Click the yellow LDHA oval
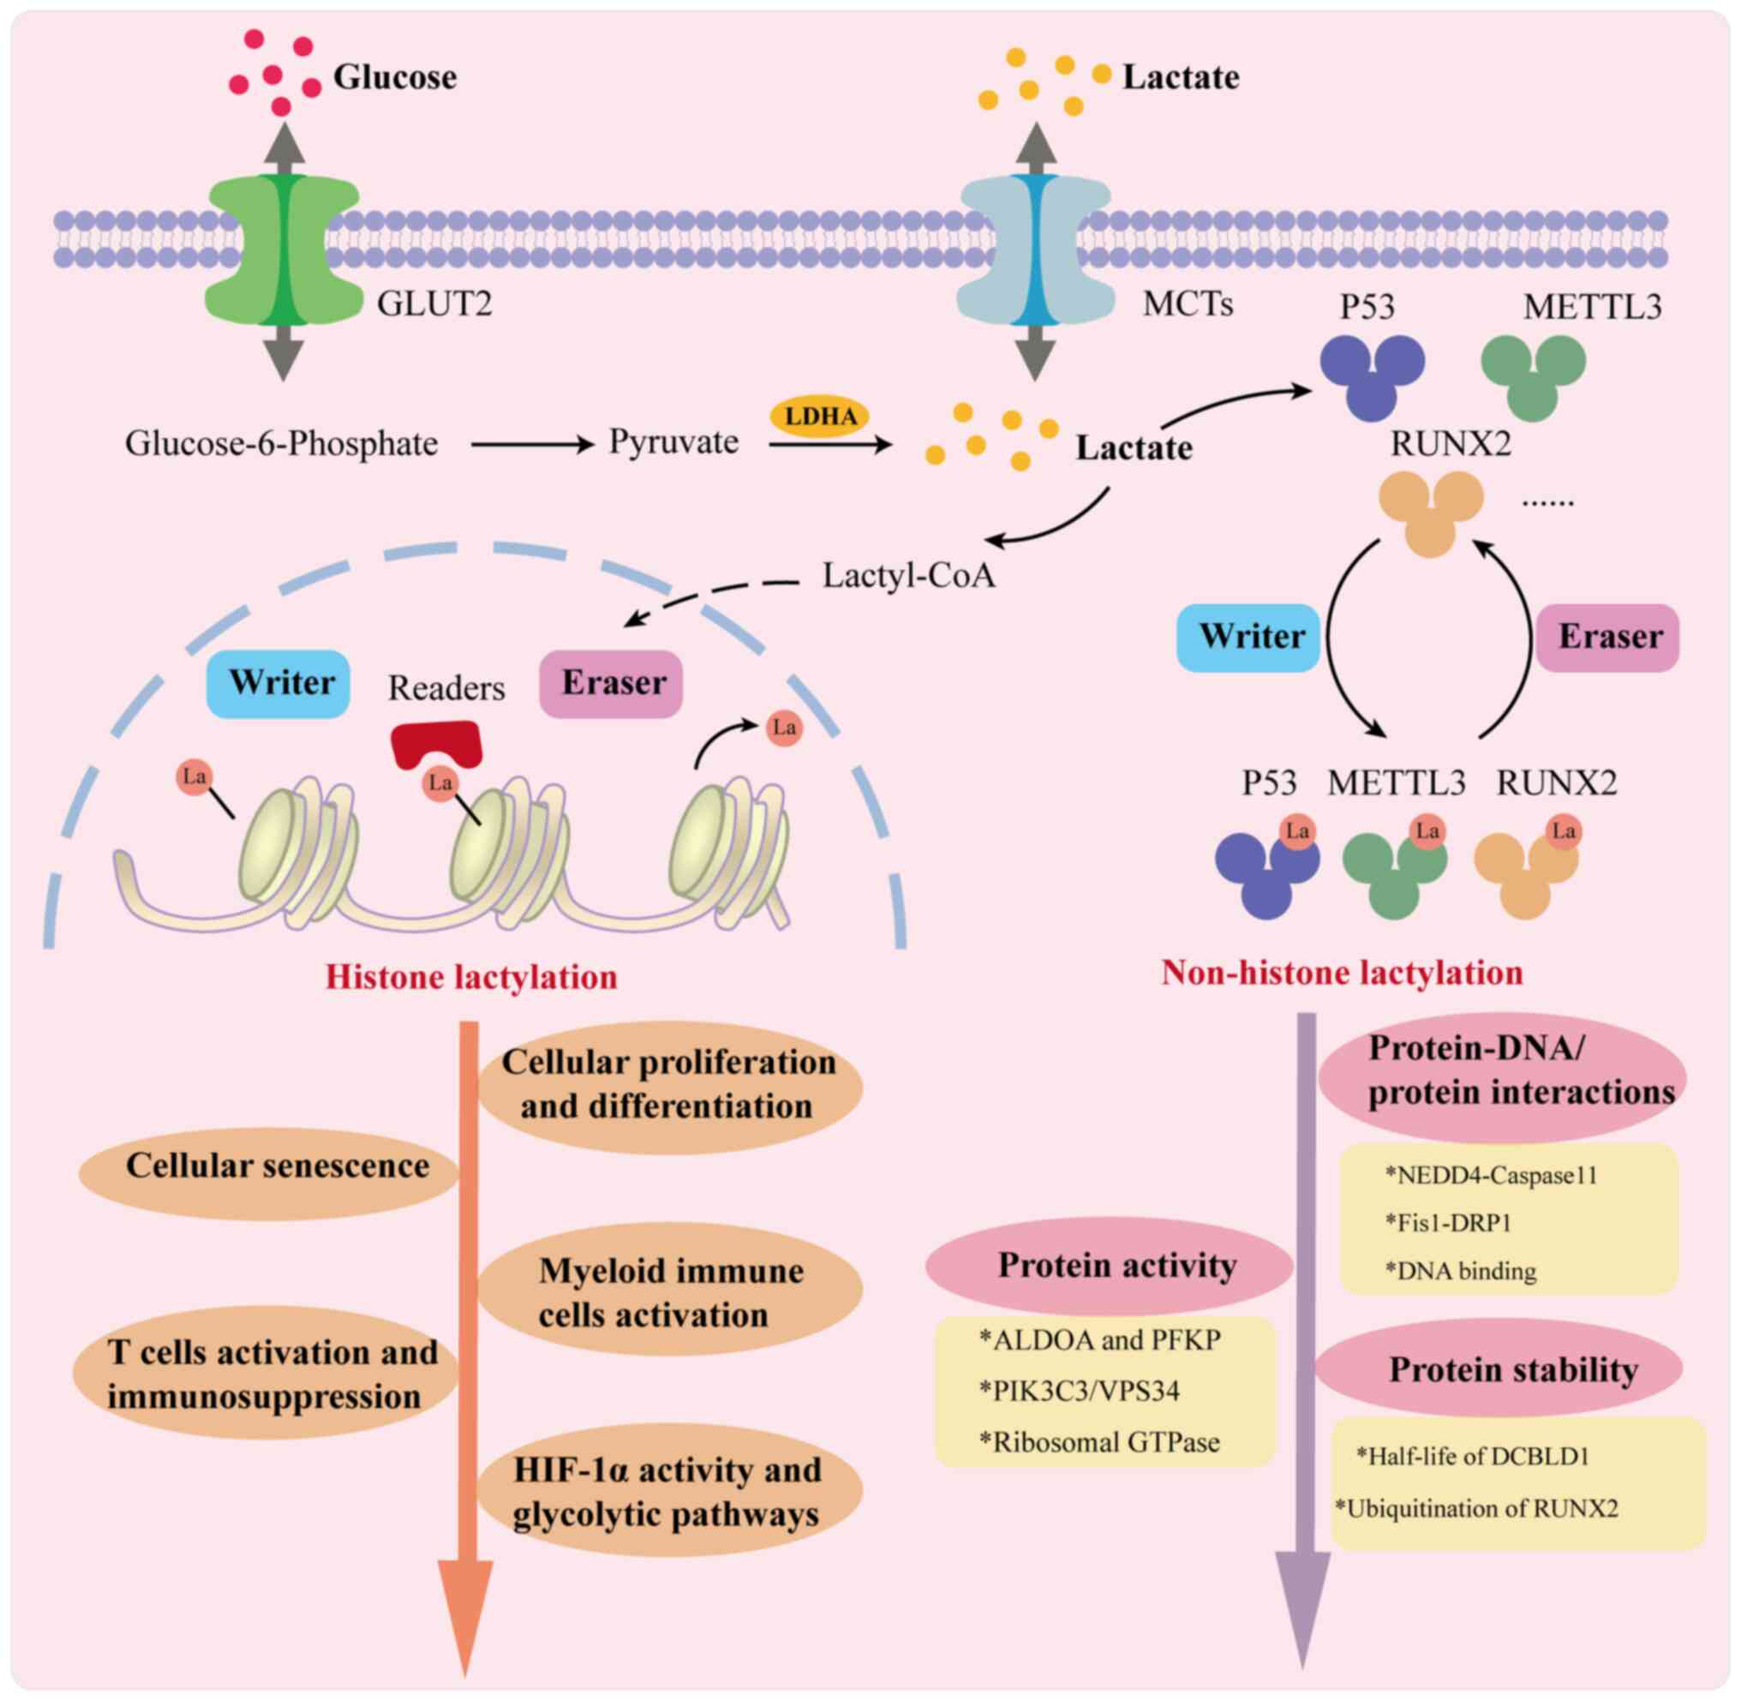(x=819, y=416)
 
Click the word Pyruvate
(x=673, y=442)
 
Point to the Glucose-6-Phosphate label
(x=281, y=444)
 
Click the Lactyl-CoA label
(x=908, y=576)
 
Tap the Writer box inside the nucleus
(x=278, y=684)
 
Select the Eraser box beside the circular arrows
(x=1608, y=638)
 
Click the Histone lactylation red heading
(x=470, y=978)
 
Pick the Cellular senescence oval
(x=269, y=1167)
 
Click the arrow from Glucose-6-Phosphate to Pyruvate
(x=532, y=443)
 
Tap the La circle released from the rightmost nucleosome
(x=783, y=728)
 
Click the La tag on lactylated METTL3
(x=1427, y=832)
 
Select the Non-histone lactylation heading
(x=1342, y=973)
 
